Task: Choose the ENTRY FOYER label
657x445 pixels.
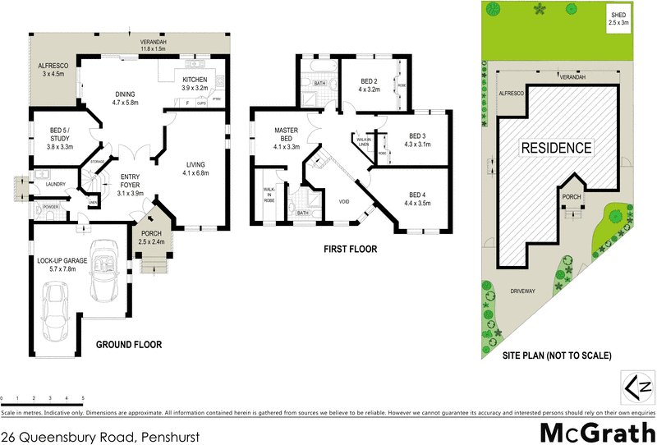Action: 131,182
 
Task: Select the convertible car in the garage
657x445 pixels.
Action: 105,268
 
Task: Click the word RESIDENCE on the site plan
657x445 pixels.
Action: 555,148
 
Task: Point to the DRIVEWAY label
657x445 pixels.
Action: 523,291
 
